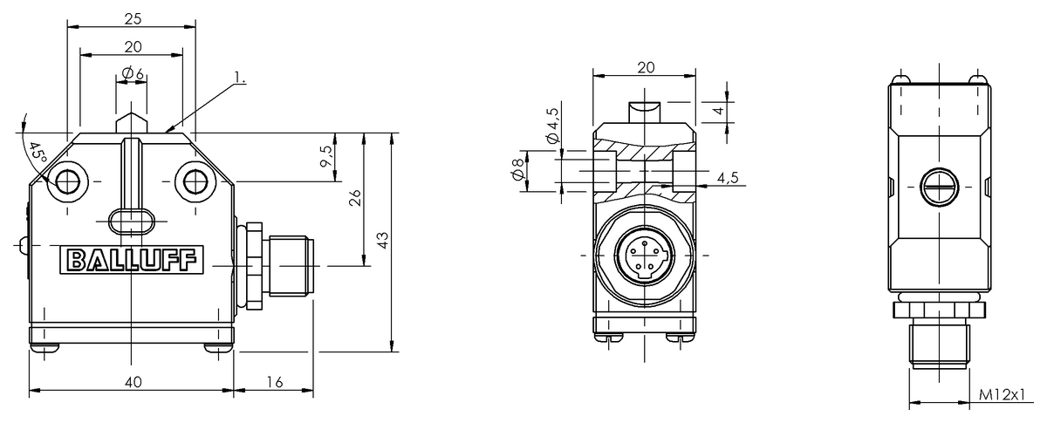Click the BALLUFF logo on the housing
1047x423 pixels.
(132, 259)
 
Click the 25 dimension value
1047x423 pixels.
(133, 19)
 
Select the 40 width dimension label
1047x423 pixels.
(133, 382)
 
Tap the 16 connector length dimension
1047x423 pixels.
(275, 382)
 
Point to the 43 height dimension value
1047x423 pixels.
(382, 240)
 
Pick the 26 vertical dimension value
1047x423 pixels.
(355, 198)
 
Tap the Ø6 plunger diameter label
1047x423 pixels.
(133, 73)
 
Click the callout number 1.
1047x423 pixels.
(240, 78)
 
